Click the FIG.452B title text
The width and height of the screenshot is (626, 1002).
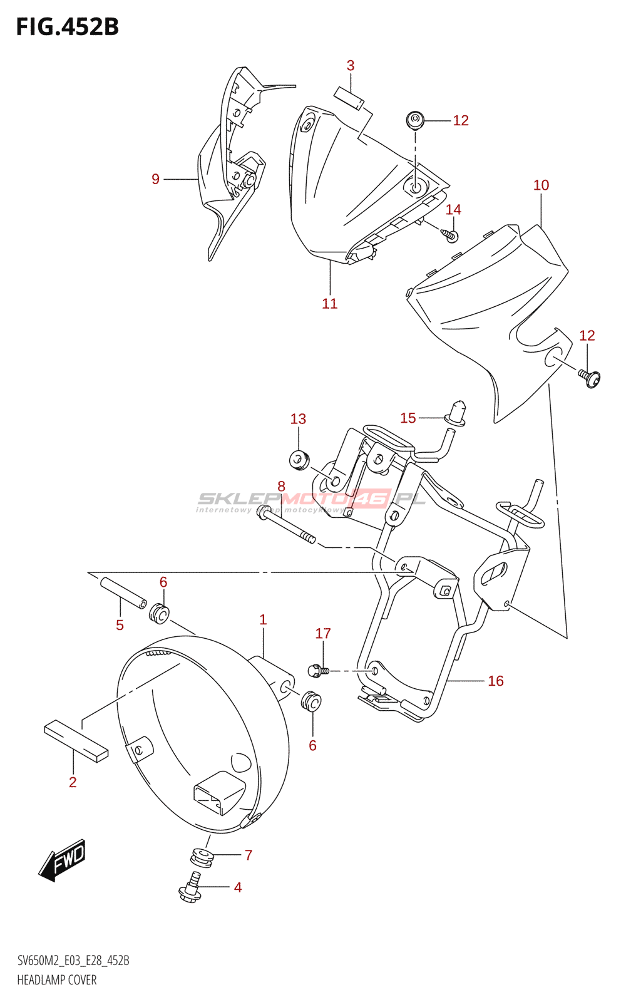tap(67, 27)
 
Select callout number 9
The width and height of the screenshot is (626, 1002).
tap(155, 179)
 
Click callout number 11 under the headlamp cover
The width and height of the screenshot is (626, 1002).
tap(329, 304)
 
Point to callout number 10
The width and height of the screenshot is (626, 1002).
tap(541, 185)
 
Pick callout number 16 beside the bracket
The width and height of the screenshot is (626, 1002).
tap(495, 681)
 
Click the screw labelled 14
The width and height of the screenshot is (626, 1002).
tap(451, 235)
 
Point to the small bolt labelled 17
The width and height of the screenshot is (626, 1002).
tap(318, 671)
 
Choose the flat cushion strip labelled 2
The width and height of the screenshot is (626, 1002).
tap(76, 740)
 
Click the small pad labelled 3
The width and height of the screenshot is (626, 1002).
tap(349, 98)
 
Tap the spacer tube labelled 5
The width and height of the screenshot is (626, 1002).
tap(123, 592)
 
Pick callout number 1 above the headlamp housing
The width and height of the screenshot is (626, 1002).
tap(263, 620)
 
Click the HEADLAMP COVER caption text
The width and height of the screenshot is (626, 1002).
tap(57, 980)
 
